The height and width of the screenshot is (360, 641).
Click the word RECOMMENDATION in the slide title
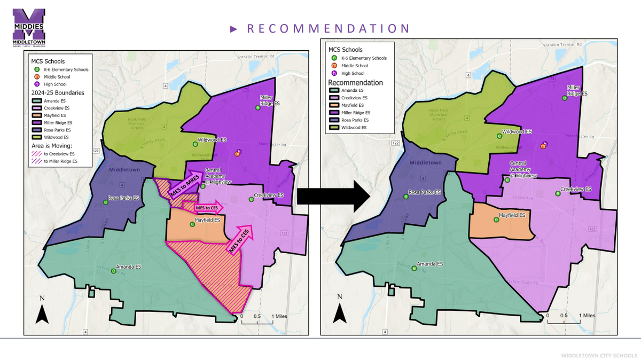[x=328, y=29]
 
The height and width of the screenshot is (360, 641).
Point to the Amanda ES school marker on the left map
[x=113, y=271]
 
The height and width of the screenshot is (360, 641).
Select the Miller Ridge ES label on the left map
[x=267, y=101]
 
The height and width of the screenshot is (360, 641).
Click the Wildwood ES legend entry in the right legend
[x=355, y=128]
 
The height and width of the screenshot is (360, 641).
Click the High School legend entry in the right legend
[x=354, y=73]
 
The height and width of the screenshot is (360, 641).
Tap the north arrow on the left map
[x=42, y=314]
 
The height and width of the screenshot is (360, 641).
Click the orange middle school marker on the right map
[x=544, y=145]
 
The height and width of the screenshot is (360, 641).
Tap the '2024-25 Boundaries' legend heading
[x=58, y=92]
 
